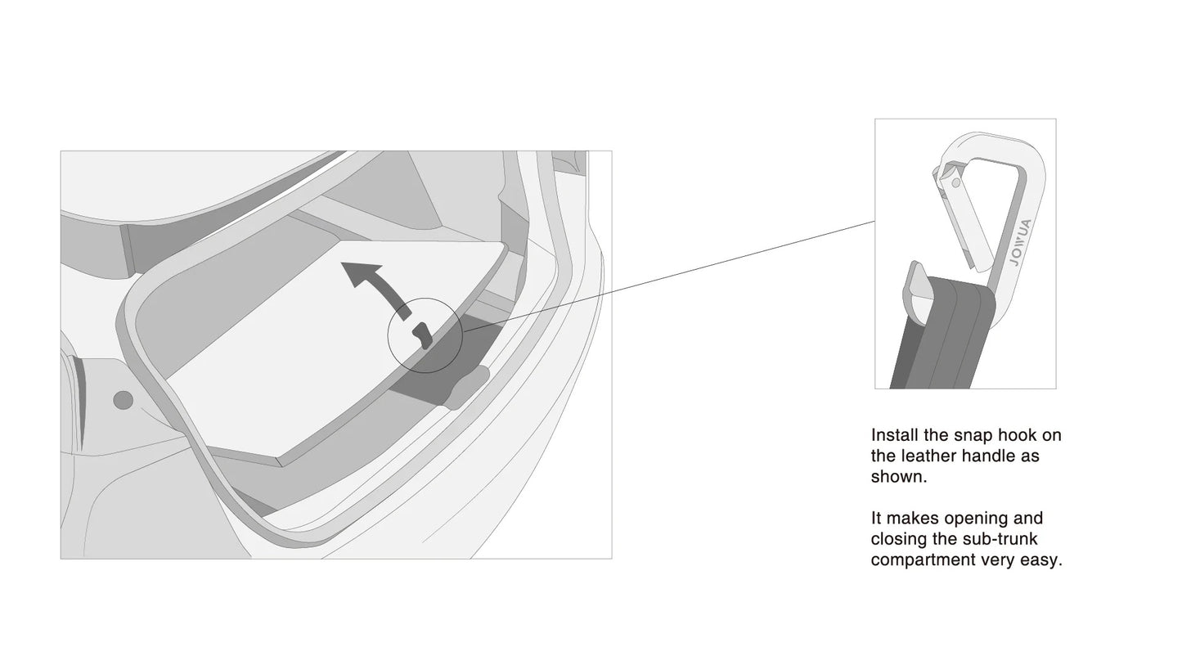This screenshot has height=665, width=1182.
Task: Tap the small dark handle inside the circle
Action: pos(423,335)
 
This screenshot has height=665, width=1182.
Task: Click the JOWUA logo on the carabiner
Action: pos(1020,242)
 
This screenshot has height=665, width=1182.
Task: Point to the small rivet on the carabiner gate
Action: pos(955,184)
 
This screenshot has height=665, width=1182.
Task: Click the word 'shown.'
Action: pos(899,477)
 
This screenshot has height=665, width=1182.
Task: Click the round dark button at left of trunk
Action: pos(124,400)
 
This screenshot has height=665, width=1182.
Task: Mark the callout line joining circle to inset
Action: pos(668,276)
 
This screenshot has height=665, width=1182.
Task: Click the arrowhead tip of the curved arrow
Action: pos(342,263)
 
